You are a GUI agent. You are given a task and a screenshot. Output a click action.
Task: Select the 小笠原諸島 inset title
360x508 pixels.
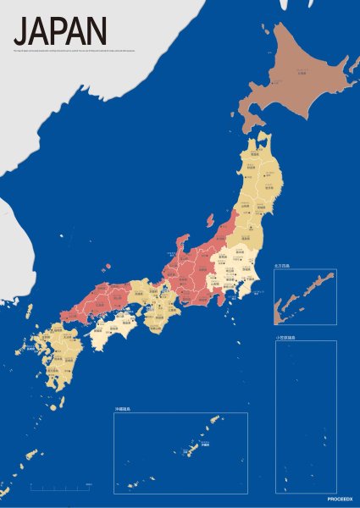click(286, 338)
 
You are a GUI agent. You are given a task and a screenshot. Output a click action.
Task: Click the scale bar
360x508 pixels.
click(60, 487)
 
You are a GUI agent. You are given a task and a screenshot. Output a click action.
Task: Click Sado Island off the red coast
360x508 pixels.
click(209, 220)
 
